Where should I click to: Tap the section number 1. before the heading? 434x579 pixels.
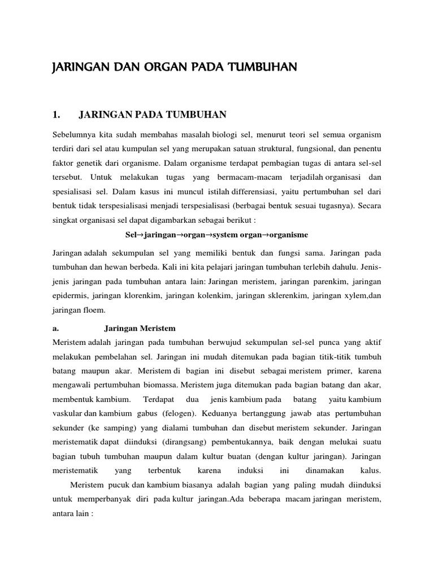coord(55,115)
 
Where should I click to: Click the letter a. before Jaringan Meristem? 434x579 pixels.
coord(55,329)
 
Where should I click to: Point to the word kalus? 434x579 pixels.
coord(370,470)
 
